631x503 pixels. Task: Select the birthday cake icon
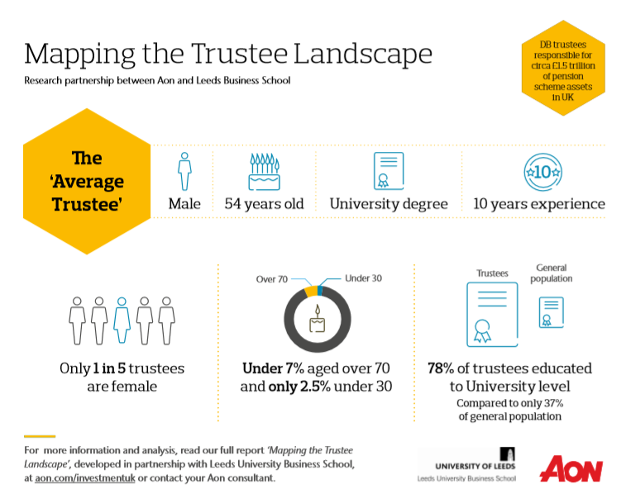(264, 171)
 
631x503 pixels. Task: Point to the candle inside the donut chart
(317, 319)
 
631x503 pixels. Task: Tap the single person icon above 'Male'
(184, 171)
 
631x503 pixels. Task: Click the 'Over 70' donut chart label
(272, 279)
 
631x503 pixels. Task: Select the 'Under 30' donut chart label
(363, 279)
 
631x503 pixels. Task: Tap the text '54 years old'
(264, 203)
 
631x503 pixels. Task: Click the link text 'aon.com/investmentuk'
(80, 478)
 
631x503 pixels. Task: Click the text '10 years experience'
(538, 203)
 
